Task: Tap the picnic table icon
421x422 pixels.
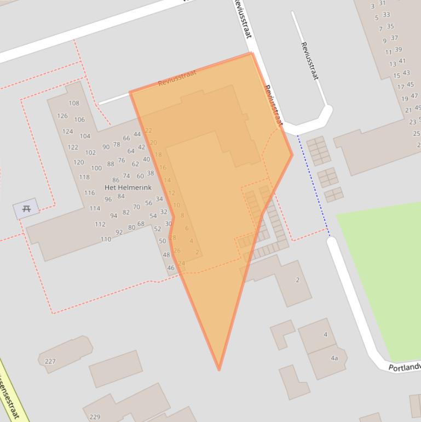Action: [26, 208]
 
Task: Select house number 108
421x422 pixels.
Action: [74, 103]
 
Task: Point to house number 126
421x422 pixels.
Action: [62, 116]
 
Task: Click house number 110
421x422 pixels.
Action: [106, 239]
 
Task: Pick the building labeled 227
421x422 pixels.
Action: [50, 361]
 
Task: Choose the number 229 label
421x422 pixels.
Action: [95, 417]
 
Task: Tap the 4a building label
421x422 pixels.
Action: [334, 358]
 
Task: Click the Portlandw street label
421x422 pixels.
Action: [404, 367]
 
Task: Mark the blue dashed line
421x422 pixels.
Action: [313, 186]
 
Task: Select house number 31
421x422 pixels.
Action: [382, 3]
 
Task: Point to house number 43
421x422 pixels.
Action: [406, 73]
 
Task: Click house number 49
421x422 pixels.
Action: [418, 108]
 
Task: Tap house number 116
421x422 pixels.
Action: [89, 193]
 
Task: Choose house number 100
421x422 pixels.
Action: [96, 168]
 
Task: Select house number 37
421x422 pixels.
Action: [394, 38]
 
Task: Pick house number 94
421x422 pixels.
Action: [113, 216]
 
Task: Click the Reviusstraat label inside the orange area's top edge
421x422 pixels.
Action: [177, 79]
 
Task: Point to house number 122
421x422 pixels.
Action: [73, 147]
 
